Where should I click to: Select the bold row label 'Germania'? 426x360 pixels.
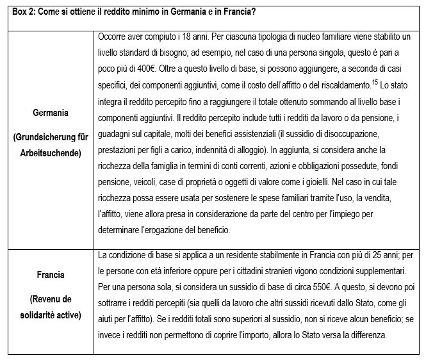coord(51,113)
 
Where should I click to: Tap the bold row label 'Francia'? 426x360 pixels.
coord(51,275)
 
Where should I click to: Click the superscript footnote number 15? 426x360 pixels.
coord(375,82)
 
